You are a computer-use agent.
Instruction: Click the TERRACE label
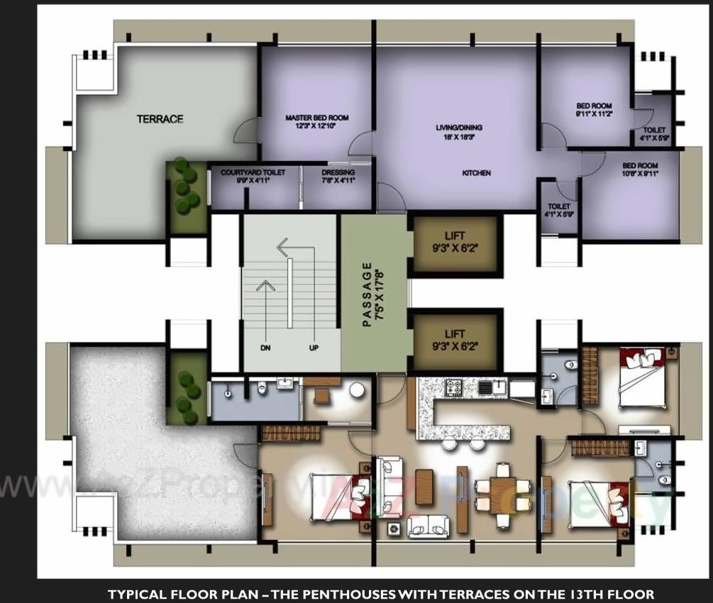tap(160, 119)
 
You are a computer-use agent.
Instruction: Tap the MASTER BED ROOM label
tap(316, 118)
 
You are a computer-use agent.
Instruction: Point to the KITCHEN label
tap(476, 173)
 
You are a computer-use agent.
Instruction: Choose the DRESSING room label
tap(338, 172)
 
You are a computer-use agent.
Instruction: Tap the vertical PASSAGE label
tap(367, 294)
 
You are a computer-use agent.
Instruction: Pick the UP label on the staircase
tap(314, 348)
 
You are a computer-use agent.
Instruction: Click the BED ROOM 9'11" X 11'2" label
tap(593, 106)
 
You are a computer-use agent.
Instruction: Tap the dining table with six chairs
tap(502, 494)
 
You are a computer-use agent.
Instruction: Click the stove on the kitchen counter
tap(453, 387)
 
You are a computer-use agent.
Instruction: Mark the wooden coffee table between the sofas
tap(424, 487)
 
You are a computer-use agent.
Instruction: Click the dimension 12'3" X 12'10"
tap(316, 126)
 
